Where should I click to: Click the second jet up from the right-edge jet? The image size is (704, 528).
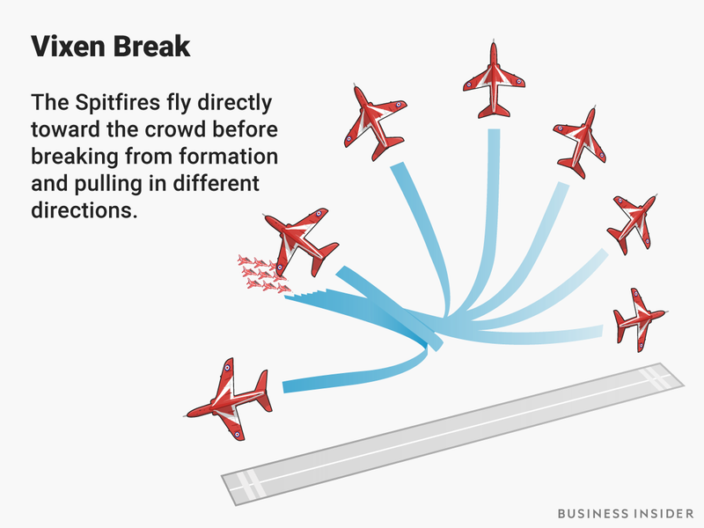630,224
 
